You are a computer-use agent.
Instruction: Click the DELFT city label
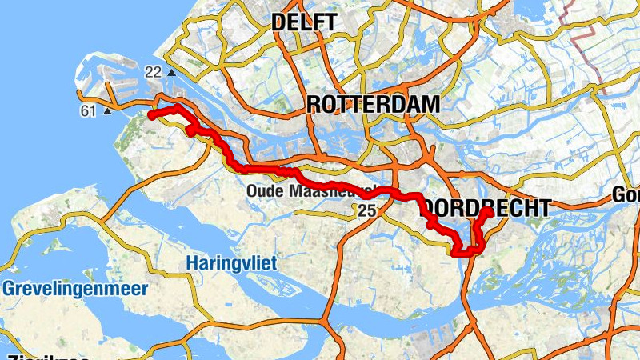(304, 22)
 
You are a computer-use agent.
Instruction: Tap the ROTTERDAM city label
(373, 104)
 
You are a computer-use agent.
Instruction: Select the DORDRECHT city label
(486, 208)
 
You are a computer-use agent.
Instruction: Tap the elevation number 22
(154, 73)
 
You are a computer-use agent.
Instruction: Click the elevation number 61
(89, 110)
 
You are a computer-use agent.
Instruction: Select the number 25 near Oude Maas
(367, 210)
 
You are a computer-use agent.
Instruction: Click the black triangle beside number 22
(171, 74)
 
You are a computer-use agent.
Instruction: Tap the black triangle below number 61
(107, 111)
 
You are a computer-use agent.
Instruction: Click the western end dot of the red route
(150, 115)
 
